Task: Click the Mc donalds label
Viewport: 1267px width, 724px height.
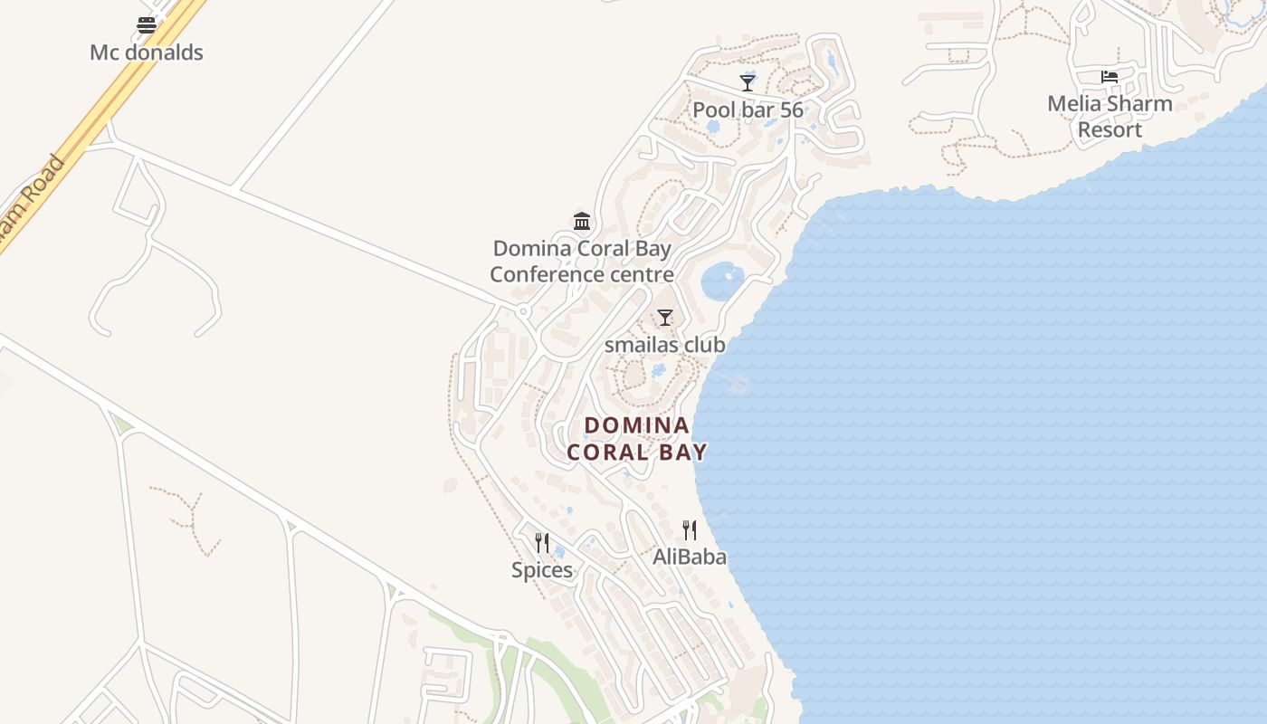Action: pyautogui.click(x=147, y=52)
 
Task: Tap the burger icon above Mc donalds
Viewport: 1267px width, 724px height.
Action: pyautogui.click(x=147, y=24)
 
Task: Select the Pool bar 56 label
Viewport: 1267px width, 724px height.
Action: pyautogui.click(x=748, y=110)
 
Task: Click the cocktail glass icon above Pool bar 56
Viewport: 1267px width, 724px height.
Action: pyautogui.click(x=748, y=82)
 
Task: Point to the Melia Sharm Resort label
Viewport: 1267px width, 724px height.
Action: pyautogui.click(x=1110, y=116)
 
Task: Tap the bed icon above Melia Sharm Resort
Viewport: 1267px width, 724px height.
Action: pyautogui.click(x=1110, y=77)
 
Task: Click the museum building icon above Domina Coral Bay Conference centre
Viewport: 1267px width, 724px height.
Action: pyautogui.click(x=582, y=221)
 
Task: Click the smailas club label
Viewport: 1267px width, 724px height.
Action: pyautogui.click(x=664, y=345)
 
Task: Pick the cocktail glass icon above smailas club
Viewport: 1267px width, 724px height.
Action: pyautogui.click(x=665, y=318)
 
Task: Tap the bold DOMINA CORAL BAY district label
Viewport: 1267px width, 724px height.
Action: pyautogui.click(x=637, y=438)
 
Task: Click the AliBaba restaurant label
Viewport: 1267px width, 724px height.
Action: pyautogui.click(x=690, y=557)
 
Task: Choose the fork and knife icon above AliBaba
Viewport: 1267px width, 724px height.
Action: pyautogui.click(x=690, y=529)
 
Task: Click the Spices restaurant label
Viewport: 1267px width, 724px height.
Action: pyautogui.click(x=542, y=569)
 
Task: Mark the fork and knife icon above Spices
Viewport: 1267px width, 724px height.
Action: pyautogui.click(x=542, y=542)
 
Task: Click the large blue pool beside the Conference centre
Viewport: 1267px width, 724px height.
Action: pyautogui.click(x=722, y=281)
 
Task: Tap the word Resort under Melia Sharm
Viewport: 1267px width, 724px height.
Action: pyautogui.click(x=1110, y=129)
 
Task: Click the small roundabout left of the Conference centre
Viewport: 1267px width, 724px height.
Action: pyautogui.click(x=523, y=312)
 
